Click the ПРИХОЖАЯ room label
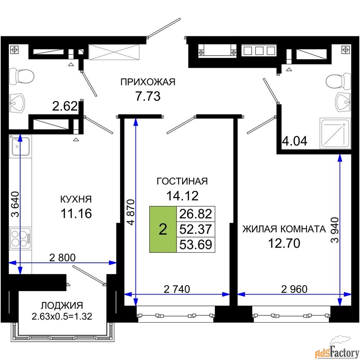point(148,82)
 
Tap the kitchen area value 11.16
point(76,213)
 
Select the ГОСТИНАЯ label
point(182,181)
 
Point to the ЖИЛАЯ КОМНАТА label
point(284,229)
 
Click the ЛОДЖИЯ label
point(62,306)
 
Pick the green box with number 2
point(163,229)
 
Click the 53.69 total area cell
point(195,244)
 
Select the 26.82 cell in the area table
point(195,214)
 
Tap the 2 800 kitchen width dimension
point(62,258)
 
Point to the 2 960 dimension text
point(294,289)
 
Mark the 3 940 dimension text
point(335,230)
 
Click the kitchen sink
point(20,146)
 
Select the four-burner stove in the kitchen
point(21,239)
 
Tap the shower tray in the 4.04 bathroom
point(335,133)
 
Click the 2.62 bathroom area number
point(65,106)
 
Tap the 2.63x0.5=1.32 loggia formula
point(62,316)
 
